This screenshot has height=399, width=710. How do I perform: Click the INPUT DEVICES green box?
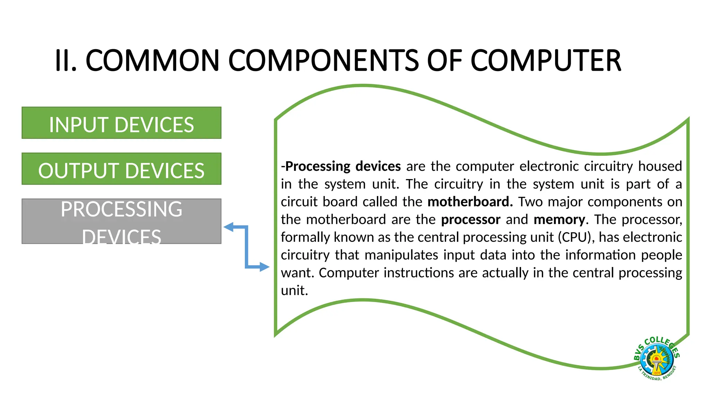point(121,123)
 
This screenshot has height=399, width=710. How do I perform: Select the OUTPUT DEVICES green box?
point(121,169)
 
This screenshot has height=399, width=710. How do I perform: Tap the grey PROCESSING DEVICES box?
point(121,221)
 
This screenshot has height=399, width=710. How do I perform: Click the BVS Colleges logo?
point(656,359)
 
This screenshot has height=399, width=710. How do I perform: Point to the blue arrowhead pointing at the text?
point(265,267)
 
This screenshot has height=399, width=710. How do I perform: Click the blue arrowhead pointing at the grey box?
point(228,227)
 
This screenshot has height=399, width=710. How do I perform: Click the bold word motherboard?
point(470,202)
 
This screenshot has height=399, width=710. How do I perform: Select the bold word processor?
point(470,220)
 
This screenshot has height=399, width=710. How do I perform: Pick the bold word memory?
point(559,220)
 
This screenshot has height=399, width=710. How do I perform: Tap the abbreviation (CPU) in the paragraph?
point(576,237)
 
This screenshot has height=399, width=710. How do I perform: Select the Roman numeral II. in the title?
point(66,61)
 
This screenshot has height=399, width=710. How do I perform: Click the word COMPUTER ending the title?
point(546,61)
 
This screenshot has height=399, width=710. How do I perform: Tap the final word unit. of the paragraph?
point(294,291)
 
